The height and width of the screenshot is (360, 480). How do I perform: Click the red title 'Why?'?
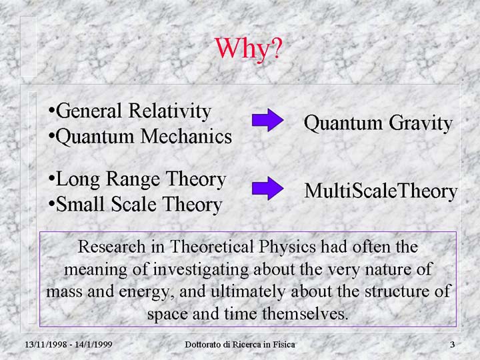[x=247, y=49]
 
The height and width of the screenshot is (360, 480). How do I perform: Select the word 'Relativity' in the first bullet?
[x=170, y=111]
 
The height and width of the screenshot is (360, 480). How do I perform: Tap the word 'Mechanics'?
[x=187, y=136]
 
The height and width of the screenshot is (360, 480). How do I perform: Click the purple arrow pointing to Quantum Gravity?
[x=267, y=120]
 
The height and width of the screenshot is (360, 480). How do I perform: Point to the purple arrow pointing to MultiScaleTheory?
[x=267, y=189]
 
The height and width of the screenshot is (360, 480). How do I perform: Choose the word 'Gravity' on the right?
[x=421, y=123]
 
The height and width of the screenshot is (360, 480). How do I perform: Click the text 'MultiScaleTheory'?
[x=381, y=191]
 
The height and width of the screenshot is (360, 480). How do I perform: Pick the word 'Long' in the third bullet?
[x=78, y=180]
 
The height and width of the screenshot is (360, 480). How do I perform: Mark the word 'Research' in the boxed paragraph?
[x=111, y=247]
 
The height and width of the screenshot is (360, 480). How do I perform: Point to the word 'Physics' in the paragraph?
[x=287, y=247]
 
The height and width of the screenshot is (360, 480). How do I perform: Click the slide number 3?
[x=452, y=345]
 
